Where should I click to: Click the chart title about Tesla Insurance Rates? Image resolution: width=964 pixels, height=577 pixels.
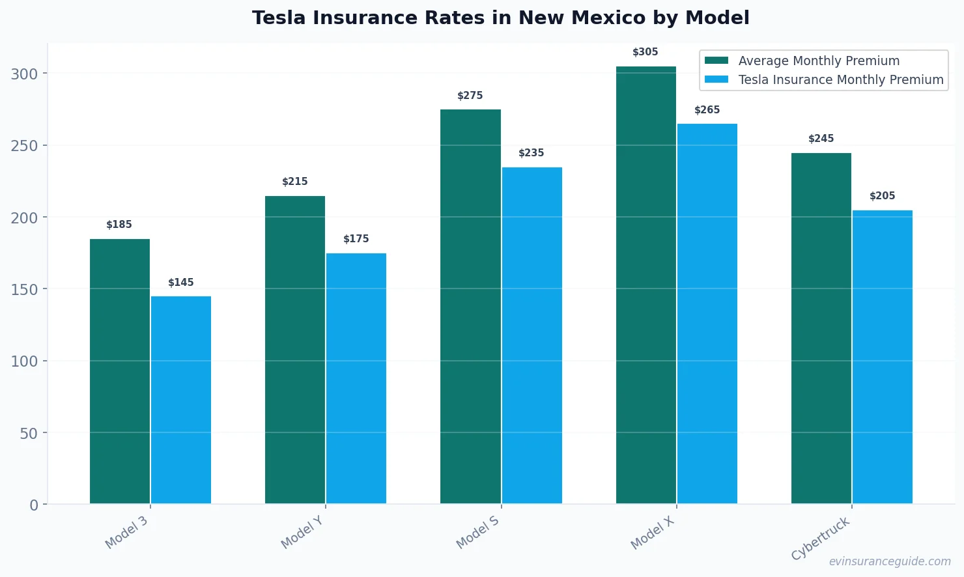[x=500, y=18]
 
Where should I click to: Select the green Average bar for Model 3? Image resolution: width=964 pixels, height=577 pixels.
[x=120, y=371]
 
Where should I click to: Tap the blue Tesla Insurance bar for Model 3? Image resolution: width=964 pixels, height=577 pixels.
[x=181, y=400]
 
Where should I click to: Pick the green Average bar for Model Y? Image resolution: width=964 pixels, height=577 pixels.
[x=295, y=350]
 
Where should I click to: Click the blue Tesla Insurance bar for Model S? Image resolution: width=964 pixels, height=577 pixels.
[x=532, y=335]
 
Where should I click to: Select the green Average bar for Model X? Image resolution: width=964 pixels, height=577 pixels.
[x=645, y=285]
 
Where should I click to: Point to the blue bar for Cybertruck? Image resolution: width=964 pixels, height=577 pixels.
[x=882, y=357]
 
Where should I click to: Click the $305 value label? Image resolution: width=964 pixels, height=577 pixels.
[x=645, y=52]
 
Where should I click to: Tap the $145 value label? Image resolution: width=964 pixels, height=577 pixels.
[x=181, y=283]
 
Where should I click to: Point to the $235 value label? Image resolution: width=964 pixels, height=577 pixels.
[x=531, y=153]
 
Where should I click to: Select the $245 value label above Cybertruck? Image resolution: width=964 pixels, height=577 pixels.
[x=821, y=139]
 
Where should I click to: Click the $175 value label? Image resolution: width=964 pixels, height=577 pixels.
[x=356, y=239]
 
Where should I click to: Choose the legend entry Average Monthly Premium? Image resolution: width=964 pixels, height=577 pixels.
[x=818, y=61]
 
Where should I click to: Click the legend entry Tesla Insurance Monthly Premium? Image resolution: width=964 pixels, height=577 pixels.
[x=840, y=79]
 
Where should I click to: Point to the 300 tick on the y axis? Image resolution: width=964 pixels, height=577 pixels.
[x=25, y=74]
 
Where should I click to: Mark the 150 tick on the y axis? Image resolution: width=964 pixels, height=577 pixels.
[x=25, y=289]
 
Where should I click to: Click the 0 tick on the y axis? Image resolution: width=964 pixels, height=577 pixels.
[x=34, y=505]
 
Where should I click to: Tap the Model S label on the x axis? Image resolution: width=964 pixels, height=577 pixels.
[x=477, y=532]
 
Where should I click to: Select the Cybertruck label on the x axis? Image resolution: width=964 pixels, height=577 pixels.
[x=820, y=539]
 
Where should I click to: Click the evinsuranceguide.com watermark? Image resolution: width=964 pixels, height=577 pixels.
[x=889, y=561]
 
